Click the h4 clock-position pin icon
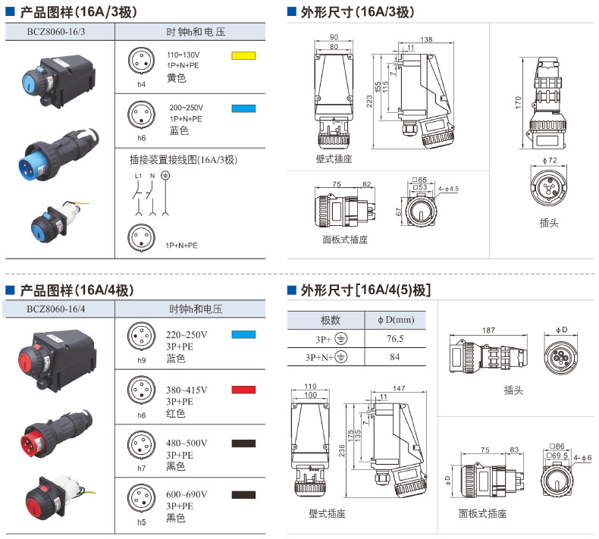(x=141, y=64)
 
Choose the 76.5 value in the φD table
(x=395, y=339)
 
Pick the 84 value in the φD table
(x=395, y=357)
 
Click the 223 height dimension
(x=369, y=102)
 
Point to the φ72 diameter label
(x=550, y=161)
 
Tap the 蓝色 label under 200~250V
(x=179, y=130)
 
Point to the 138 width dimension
(x=426, y=39)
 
